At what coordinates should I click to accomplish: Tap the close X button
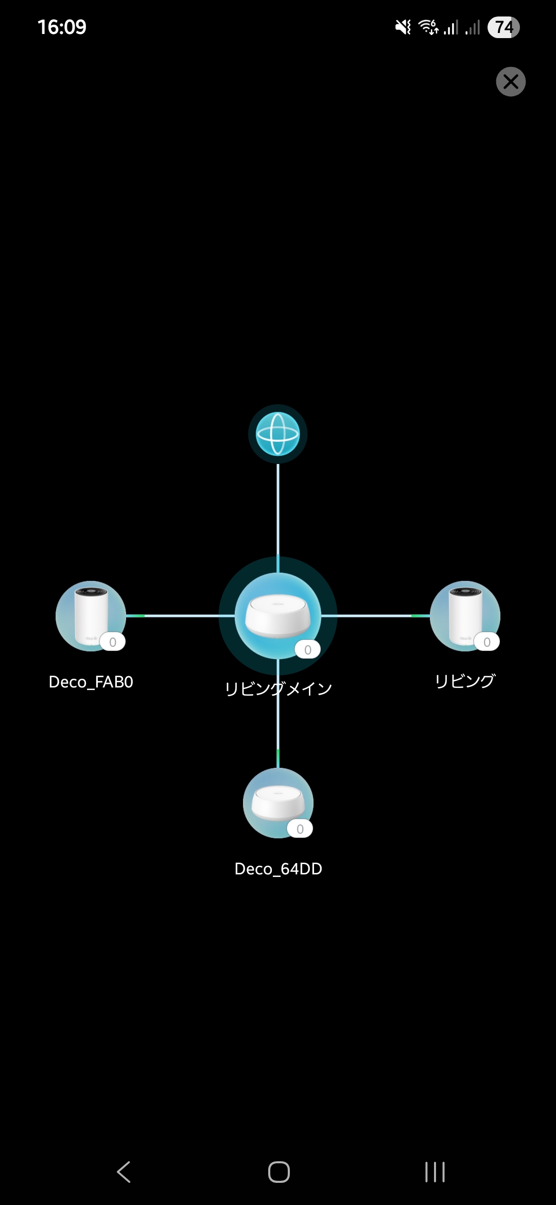(x=511, y=81)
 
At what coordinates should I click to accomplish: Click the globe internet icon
(x=278, y=434)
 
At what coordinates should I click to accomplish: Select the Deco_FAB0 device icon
(x=91, y=615)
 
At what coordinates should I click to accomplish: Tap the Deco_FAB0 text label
(x=91, y=682)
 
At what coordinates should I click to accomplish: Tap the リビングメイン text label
(x=278, y=688)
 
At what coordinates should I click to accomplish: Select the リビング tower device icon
(x=465, y=615)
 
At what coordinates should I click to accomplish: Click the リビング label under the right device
(x=465, y=681)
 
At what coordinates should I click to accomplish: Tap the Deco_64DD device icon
(x=278, y=802)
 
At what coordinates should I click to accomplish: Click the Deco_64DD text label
(x=278, y=869)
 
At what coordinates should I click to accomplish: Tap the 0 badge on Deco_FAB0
(x=113, y=642)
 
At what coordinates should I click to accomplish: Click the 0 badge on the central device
(x=307, y=650)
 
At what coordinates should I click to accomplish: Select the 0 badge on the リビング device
(x=487, y=642)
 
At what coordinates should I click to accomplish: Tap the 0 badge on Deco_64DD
(x=300, y=829)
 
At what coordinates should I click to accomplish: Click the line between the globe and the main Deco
(x=278, y=510)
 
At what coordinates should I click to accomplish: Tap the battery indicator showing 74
(x=503, y=27)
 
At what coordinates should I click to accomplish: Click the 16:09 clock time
(x=62, y=27)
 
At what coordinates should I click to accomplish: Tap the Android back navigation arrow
(x=124, y=1172)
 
